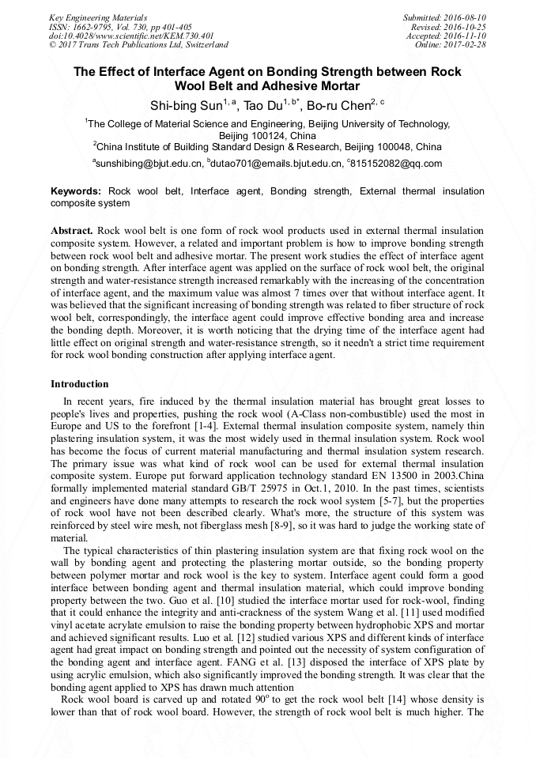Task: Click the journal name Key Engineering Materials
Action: point(97,17)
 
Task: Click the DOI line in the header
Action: point(131,36)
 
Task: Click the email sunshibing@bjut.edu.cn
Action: point(149,164)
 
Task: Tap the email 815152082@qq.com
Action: point(394,164)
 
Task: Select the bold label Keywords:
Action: point(76,191)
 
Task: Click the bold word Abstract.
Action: point(72,229)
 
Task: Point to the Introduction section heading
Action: point(80,384)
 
